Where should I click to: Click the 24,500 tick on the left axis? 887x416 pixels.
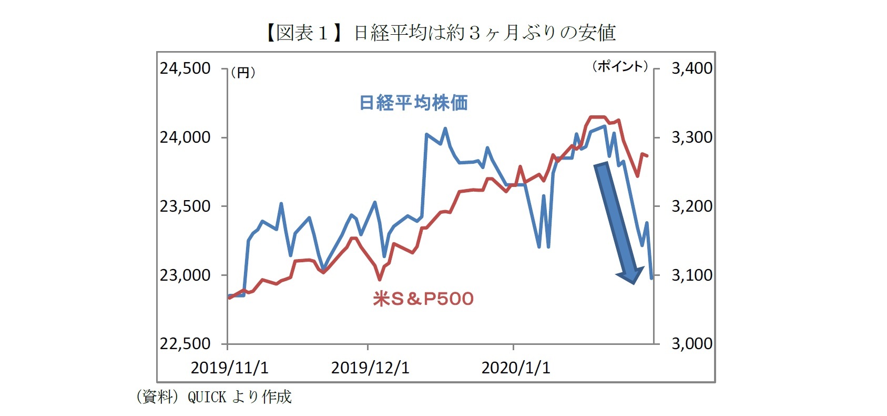[x=185, y=68]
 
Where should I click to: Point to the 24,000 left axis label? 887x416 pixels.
[x=185, y=137]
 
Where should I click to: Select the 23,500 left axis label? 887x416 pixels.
[x=185, y=206]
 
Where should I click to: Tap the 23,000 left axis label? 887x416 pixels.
[x=185, y=275]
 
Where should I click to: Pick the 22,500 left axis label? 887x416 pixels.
[x=185, y=344]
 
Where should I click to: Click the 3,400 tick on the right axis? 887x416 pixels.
[x=692, y=68]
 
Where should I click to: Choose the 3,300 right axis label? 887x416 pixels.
[x=692, y=137]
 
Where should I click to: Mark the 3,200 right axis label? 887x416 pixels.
[x=692, y=206]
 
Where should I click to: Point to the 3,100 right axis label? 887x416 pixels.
[x=692, y=275]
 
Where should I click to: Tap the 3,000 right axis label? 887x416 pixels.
[x=692, y=344]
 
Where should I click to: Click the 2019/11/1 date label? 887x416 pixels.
[x=229, y=368]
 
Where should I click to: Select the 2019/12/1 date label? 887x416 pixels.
[x=370, y=368]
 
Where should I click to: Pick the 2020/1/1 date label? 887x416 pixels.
[x=516, y=368]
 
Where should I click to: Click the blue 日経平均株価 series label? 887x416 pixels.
[x=413, y=103]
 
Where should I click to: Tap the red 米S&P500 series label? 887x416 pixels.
[x=423, y=299]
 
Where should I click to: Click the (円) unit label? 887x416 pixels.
[x=243, y=73]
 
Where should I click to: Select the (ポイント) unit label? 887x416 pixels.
[x=620, y=66]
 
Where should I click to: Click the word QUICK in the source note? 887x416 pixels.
[x=207, y=397]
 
